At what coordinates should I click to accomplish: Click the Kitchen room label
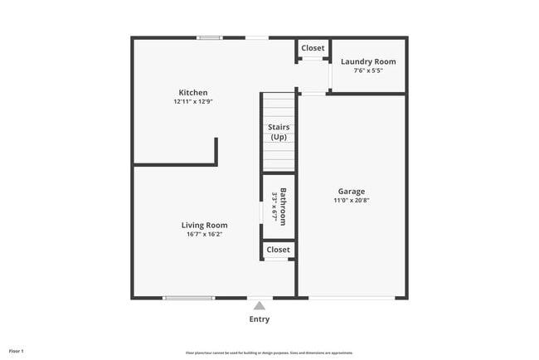(x=193, y=92)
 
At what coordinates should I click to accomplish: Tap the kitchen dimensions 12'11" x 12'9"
(x=193, y=101)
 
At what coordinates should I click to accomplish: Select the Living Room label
(x=204, y=225)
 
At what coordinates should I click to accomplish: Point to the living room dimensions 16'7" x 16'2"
(x=204, y=234)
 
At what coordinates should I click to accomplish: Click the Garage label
(x=351, y=192)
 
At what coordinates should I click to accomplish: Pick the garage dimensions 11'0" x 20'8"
(x=351, y=201)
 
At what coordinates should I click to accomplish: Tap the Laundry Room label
(x=368, y=61)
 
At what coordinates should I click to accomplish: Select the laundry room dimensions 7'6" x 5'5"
(x=368, y=71)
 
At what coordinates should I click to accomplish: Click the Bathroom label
(x=283, y=207)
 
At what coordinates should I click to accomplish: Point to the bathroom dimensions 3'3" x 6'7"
(x=274, y=207)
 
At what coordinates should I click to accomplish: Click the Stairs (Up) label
(x=279, y=132)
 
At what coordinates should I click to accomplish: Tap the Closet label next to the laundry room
(x=313, y=48)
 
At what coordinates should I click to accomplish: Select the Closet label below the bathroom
(x=279, y=250)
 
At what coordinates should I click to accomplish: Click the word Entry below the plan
(x=259, y=319)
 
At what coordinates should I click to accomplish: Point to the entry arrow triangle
(x=259, y=305)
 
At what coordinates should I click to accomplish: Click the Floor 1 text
(x=17, y=352)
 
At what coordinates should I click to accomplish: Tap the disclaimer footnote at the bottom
(x=269, y=353)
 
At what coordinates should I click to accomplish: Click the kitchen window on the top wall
(x=209, y=37)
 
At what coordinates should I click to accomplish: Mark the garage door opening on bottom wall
(x=352, y=298)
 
